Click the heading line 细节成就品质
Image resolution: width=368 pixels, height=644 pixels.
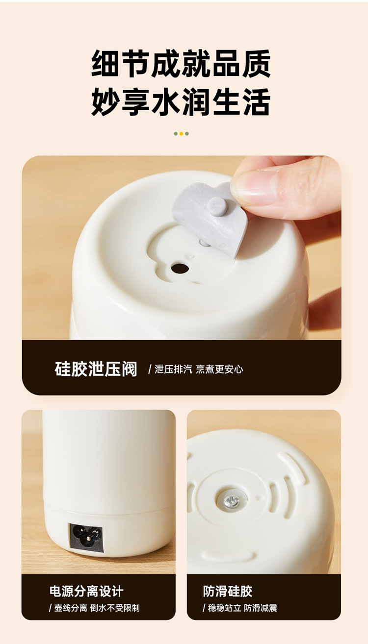[x=181, y=63]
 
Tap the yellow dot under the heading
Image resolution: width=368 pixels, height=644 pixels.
[x=181, y=133]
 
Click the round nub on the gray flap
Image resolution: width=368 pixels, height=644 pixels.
[x=216, y=205]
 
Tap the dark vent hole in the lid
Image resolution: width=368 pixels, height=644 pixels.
[x=180, y=268]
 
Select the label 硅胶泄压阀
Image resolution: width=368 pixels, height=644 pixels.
[x=96, y=369]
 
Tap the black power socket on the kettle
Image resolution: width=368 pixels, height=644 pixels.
[x=86, y=538]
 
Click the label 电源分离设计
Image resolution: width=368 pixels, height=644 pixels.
[x=86, y=591]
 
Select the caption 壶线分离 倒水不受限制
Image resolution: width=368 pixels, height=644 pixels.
[x=94, y=608]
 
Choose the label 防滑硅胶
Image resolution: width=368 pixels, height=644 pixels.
[x=228, y=591]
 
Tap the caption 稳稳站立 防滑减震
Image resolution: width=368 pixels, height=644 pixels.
[x=240, y=608]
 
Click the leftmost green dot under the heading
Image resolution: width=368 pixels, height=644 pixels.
[x=176, y=133]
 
